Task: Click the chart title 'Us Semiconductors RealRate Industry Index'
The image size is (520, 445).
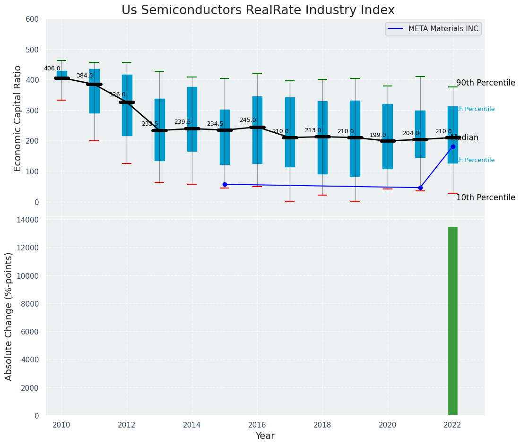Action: coord(258,10)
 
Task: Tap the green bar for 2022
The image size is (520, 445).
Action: coord(452,321)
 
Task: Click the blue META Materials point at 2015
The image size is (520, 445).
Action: coord(225,184)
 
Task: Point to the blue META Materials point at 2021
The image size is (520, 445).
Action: coord(420,188)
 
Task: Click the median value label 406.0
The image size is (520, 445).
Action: coord(52,68)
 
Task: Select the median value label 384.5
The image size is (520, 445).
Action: coord(85,76)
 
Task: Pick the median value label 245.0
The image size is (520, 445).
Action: coord(248,120)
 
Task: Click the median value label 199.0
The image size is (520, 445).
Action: coord(378,135)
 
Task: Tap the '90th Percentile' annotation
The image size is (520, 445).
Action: coord(485,83)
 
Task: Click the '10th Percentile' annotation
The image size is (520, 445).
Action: coord(485,197)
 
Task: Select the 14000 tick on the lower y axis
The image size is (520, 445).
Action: coord(29,220)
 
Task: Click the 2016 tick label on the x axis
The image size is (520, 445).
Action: coord(257,425)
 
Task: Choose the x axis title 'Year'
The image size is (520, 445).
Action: coord(265,436)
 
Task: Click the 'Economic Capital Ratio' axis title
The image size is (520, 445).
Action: coord(17,118)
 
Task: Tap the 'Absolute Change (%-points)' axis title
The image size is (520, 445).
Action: coord(9,316)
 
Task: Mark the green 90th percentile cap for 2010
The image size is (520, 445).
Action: coord(61,60)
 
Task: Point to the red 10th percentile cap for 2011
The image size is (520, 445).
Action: coord(94,141)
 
